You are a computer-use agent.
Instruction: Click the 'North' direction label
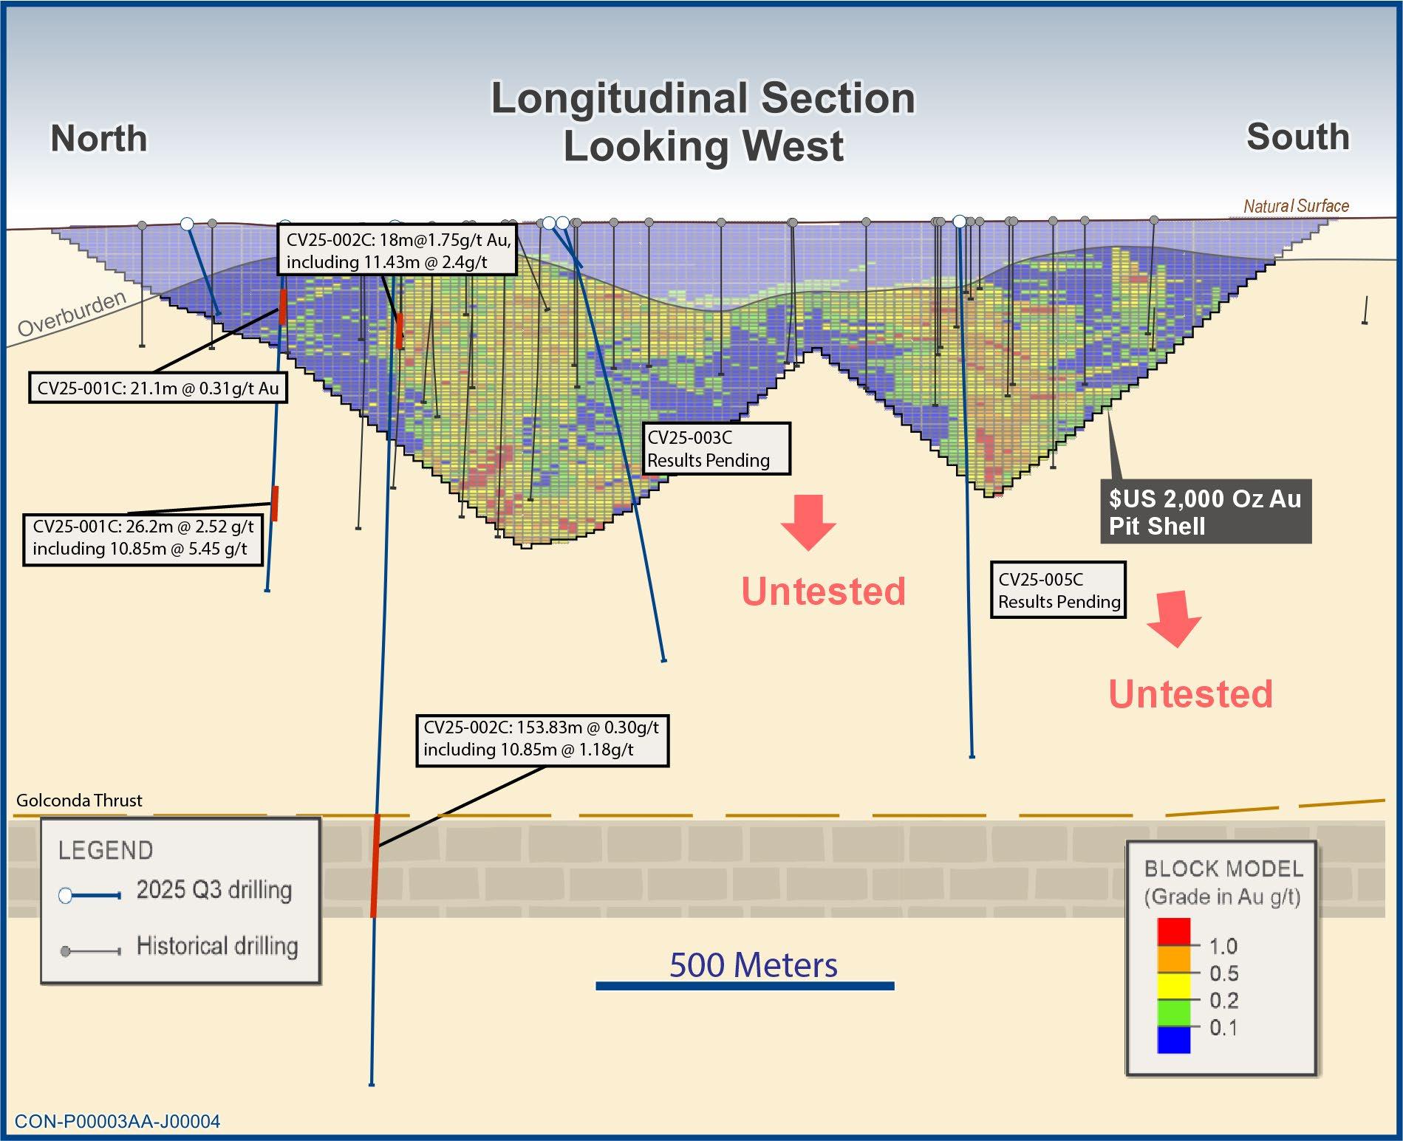[99, 139]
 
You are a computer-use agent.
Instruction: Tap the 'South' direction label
[1297, 137]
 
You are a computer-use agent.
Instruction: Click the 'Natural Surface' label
[1295, 206]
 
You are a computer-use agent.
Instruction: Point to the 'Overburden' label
[72, 315]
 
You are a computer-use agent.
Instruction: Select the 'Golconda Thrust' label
[79, 801]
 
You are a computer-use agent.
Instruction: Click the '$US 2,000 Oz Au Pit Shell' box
[1205, 512]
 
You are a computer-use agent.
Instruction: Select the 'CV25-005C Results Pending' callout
[1058, 590]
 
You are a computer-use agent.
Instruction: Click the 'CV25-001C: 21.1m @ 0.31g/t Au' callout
[157, 388]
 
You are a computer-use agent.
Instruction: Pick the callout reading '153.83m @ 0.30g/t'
[542, 739]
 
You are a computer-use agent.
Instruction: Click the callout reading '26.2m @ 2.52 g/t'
[143, 538]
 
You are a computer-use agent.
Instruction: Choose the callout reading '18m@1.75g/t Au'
[397, 250]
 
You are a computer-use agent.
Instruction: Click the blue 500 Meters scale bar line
[745, 986]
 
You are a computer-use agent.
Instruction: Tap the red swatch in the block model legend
[1173, 931]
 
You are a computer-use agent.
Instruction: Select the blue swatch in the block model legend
[1173, 1040]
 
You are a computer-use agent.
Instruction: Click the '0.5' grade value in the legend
[1223, 973]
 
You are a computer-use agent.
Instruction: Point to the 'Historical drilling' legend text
[217, 946]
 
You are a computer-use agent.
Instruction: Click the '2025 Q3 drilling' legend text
[214, 890]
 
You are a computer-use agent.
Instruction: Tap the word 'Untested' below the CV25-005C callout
[1190, 694]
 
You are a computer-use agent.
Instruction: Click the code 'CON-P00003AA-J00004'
[117, 1122]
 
